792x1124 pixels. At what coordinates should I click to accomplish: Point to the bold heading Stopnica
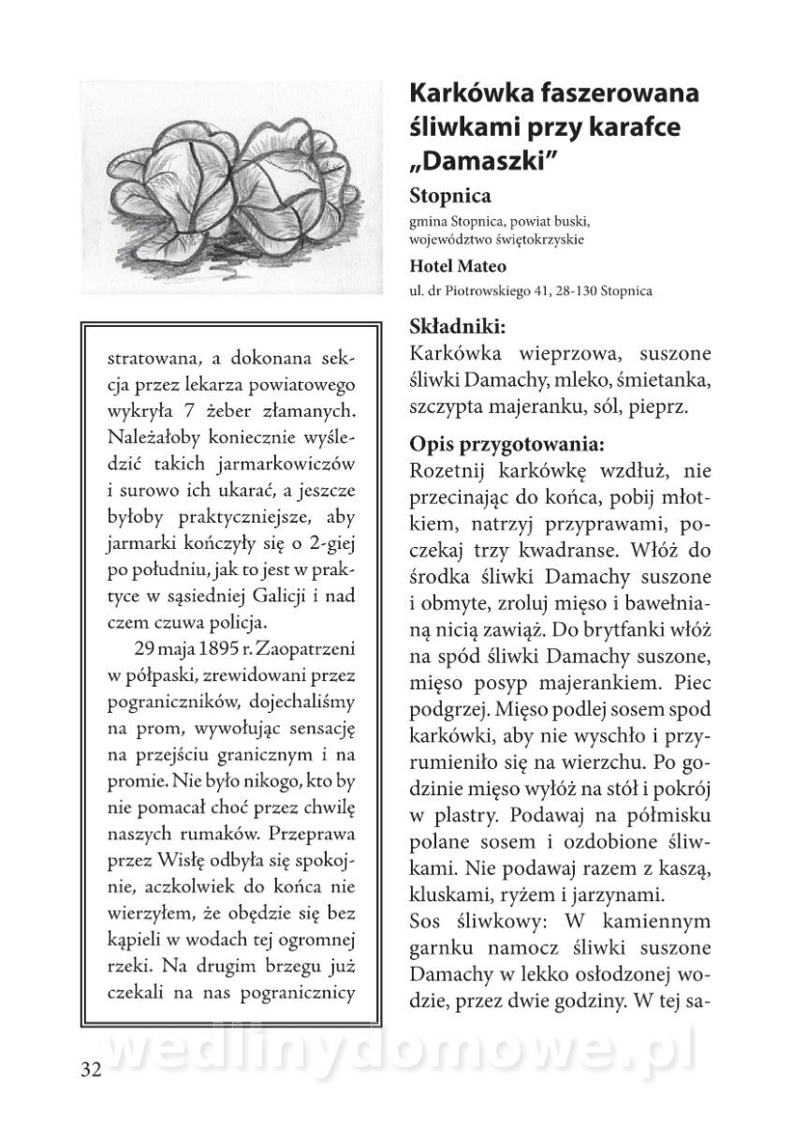[451, 197]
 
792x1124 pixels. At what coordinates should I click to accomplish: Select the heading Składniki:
[458, 328]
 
